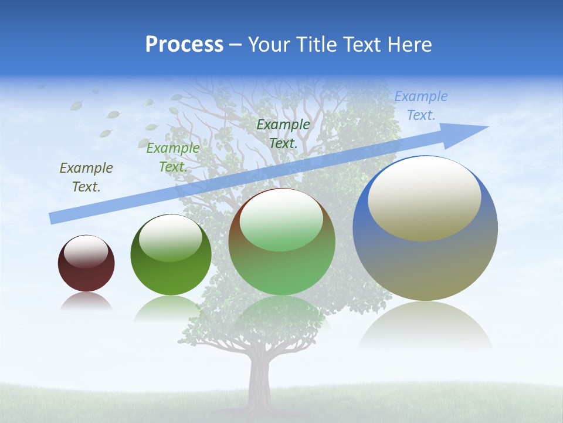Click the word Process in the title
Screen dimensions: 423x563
coord(184,45)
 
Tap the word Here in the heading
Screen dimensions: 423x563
coord(411,45)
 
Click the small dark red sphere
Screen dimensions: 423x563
coord(86,264)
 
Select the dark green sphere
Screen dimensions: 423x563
coord(171,256)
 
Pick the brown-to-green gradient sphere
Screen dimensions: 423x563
coord(282,242)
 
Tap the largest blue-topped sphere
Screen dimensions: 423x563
coord(425,229)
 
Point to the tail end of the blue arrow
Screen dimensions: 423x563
coord(53,218)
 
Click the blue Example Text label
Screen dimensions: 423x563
coord(421,106)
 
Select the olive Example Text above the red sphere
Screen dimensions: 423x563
coord(86,177)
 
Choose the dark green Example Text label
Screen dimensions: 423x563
coord(283,134)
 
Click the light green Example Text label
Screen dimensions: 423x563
coord(173,157)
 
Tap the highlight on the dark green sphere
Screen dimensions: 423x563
coord(171,237)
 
